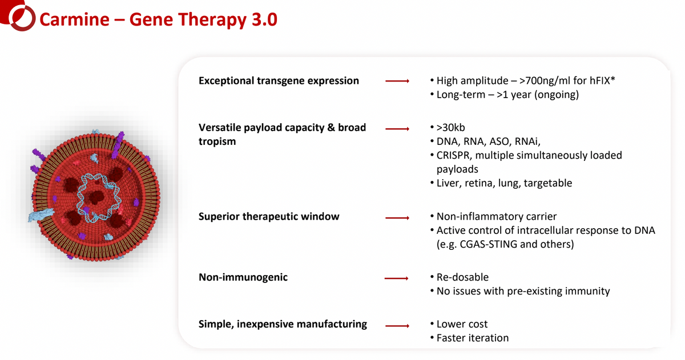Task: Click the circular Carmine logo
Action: pyautogui.click(x=22, y=18)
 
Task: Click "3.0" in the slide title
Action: pyautogui.click(x=264, y=19)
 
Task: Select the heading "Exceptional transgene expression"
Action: pyautogui.click(x=279, y=80)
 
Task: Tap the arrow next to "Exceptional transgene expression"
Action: pyautogui.click(x=397, y=81)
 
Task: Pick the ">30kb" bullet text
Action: pyautogui.click(x=451, y=127)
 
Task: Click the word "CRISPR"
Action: pyautogui.click(x=454, y=155)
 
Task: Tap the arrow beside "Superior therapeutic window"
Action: pyautogui.click(x=397, y=218)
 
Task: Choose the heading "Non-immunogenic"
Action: pyautogui.click(x=243, y=277)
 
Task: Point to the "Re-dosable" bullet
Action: pyautogui.click(x=462, y=277)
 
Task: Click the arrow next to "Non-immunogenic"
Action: pyautogui.click(x=396, y=278)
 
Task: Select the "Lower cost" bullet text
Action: pyautogui.click(x=462, y=324)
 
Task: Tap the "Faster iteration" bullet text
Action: pyautogui.click(x=473, y=338)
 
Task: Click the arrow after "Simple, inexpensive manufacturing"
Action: pyautogui.click(x=397, y=326)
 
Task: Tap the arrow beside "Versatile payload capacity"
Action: pyautogui.click(x=397, y=129)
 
